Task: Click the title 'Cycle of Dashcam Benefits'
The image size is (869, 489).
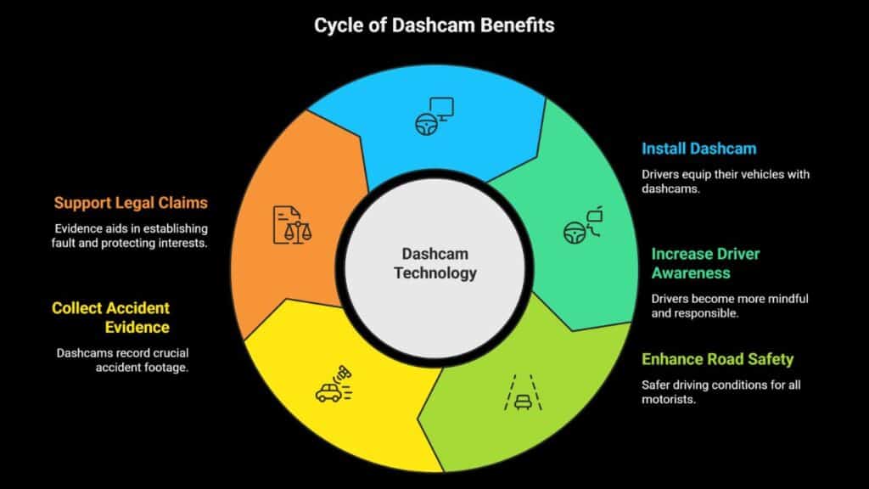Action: pos(434,25)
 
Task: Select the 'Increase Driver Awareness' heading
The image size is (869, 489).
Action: pos(705,263)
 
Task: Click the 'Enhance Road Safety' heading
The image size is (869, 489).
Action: pos(717,358)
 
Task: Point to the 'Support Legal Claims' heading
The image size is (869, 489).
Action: pos(131,203)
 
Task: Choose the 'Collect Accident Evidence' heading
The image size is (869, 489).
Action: pos(111,318)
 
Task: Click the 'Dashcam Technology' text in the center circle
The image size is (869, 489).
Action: pos(435,263)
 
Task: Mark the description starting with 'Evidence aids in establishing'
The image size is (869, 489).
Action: pos(131,236)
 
